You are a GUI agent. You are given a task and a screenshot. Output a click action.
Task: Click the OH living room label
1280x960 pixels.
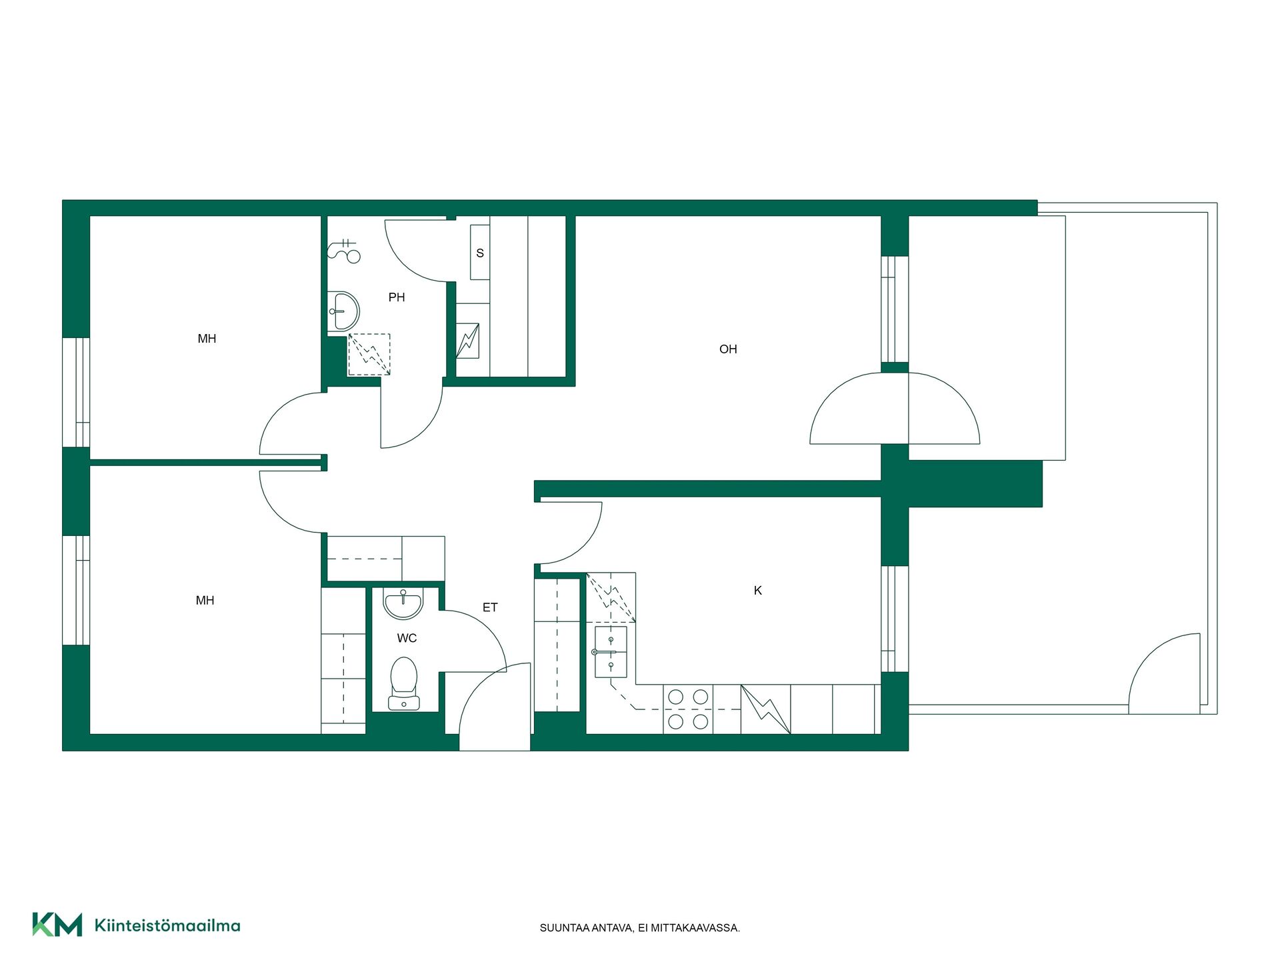click(728, 349)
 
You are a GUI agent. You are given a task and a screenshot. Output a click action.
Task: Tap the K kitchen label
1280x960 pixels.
click(757, 591)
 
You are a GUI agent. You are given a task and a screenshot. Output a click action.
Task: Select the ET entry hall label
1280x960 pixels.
click(490, 607)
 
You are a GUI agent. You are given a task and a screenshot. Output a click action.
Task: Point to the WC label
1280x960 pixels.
click(407, 638)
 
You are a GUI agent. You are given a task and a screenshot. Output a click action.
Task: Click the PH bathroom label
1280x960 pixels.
click(397, 297)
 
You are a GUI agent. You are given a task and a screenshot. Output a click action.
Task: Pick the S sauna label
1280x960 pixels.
click(480, 253)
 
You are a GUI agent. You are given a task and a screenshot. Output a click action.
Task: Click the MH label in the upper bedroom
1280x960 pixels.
click(207, 339)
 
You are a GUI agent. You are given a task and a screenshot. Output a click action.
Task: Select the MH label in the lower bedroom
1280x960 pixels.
click(205, 601)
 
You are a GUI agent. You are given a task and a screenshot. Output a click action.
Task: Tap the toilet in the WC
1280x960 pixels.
click(404, 683)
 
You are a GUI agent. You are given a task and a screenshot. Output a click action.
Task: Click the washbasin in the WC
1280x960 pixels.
click(403, 603)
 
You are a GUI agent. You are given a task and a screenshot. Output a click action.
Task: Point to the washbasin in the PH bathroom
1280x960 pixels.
click(344, 311)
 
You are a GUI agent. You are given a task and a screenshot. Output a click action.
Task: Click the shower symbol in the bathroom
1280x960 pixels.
click(344, 251)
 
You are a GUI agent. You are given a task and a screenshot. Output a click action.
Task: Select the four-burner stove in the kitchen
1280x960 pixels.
click(688, 709)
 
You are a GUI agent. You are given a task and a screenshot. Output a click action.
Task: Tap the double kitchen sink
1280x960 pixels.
click(610, 651)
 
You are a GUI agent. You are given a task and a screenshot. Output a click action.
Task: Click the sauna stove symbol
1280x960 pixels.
click(467, 341)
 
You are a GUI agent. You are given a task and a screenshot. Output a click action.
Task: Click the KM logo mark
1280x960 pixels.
click(57, 925)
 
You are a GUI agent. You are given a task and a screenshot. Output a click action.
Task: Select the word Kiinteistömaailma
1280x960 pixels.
click(167, 925)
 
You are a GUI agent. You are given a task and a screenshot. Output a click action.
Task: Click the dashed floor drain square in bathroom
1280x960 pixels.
click(369, 355)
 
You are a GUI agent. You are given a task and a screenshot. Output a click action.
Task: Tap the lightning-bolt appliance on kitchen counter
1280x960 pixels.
click(766, 709)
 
